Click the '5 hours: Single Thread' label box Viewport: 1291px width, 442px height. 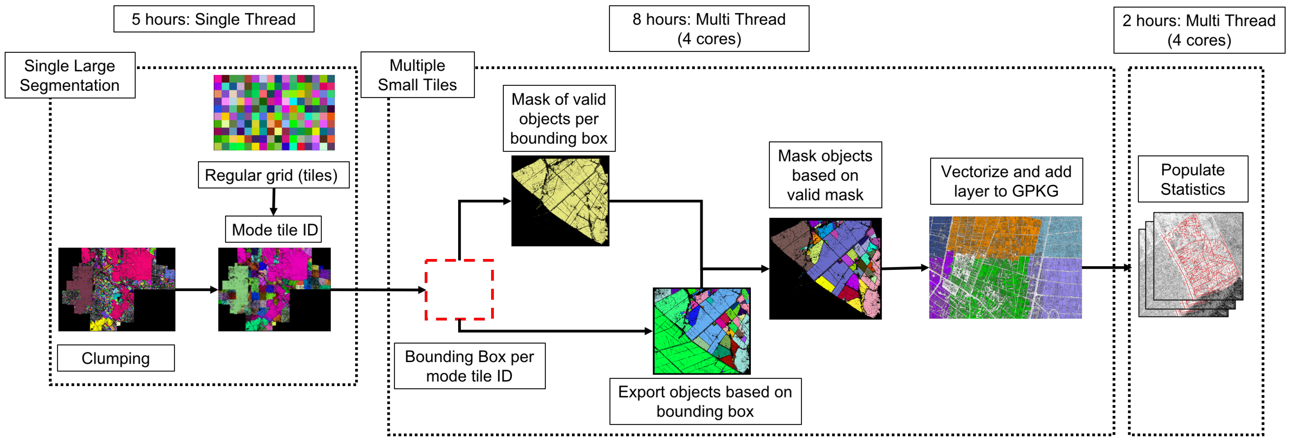pyautogui.click(x=214, y=19)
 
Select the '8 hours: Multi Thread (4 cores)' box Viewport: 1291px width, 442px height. pyautogui.click(x=709, y=29)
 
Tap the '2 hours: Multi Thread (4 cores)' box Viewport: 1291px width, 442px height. pyautogui.click(x=1199, y=30)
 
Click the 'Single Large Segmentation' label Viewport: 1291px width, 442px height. pyautogui.click(x=70, y=75)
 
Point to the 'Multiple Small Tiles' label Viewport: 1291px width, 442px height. pyautogui.click(x=417, y=75)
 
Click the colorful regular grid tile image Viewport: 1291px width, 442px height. pyautogui.click(x=274, y=112)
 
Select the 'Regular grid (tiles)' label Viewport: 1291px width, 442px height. pyautogui.click(x=273, y=175)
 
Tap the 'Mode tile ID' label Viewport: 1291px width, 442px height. pyautogui.click(x=274, y=230)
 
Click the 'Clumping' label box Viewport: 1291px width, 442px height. pyautogui.click(x=116, y=358)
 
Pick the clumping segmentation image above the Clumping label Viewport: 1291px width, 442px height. pyautogui.click(x=117, y=289)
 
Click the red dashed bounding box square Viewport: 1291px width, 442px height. pyautogui.click(x=459, y=289)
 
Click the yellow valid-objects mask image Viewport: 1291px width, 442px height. pyautogui.click(x=560, y=201)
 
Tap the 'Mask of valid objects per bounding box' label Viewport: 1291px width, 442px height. pyautogui.click(x=559, y=118)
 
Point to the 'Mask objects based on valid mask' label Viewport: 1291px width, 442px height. pyautogui.click(x=825, y=175)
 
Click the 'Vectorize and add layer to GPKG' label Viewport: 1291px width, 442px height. pyautogui.click(x=1006, y=181)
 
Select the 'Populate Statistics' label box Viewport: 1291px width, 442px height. pyautogui.click(x=1192, y=179)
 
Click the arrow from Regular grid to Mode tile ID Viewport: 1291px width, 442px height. pyautogui.click(x=274, y=202)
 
